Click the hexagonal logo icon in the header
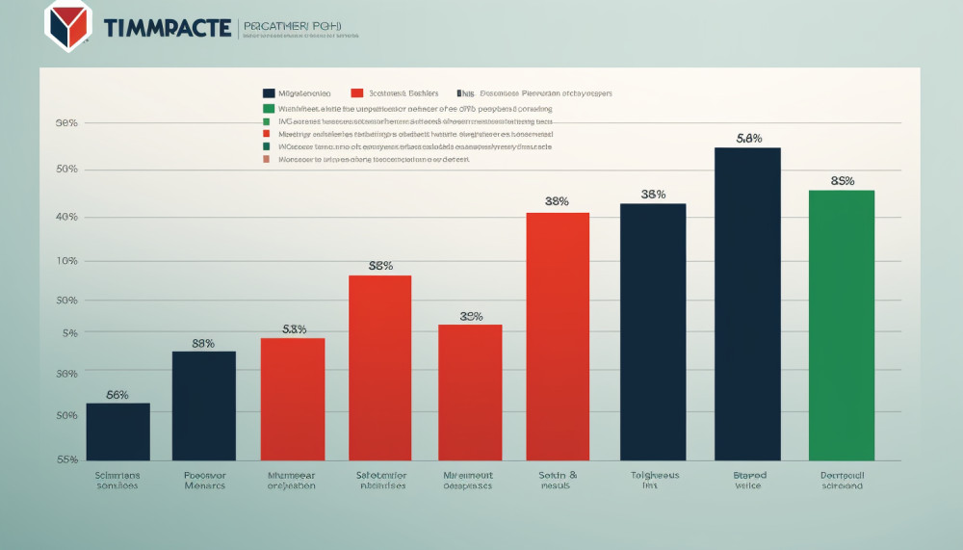67,26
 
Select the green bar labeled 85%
842,325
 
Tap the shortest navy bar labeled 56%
117,431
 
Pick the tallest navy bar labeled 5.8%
747,303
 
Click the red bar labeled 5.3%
293,398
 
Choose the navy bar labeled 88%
204,405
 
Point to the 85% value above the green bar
843,181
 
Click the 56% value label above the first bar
117,394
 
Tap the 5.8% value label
748,139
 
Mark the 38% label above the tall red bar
557,201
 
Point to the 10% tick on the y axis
66,262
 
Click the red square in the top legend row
357,93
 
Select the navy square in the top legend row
269,93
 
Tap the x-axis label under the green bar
842,481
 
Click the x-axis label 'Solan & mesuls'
557,481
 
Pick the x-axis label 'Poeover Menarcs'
204,481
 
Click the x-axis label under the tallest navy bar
747,481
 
